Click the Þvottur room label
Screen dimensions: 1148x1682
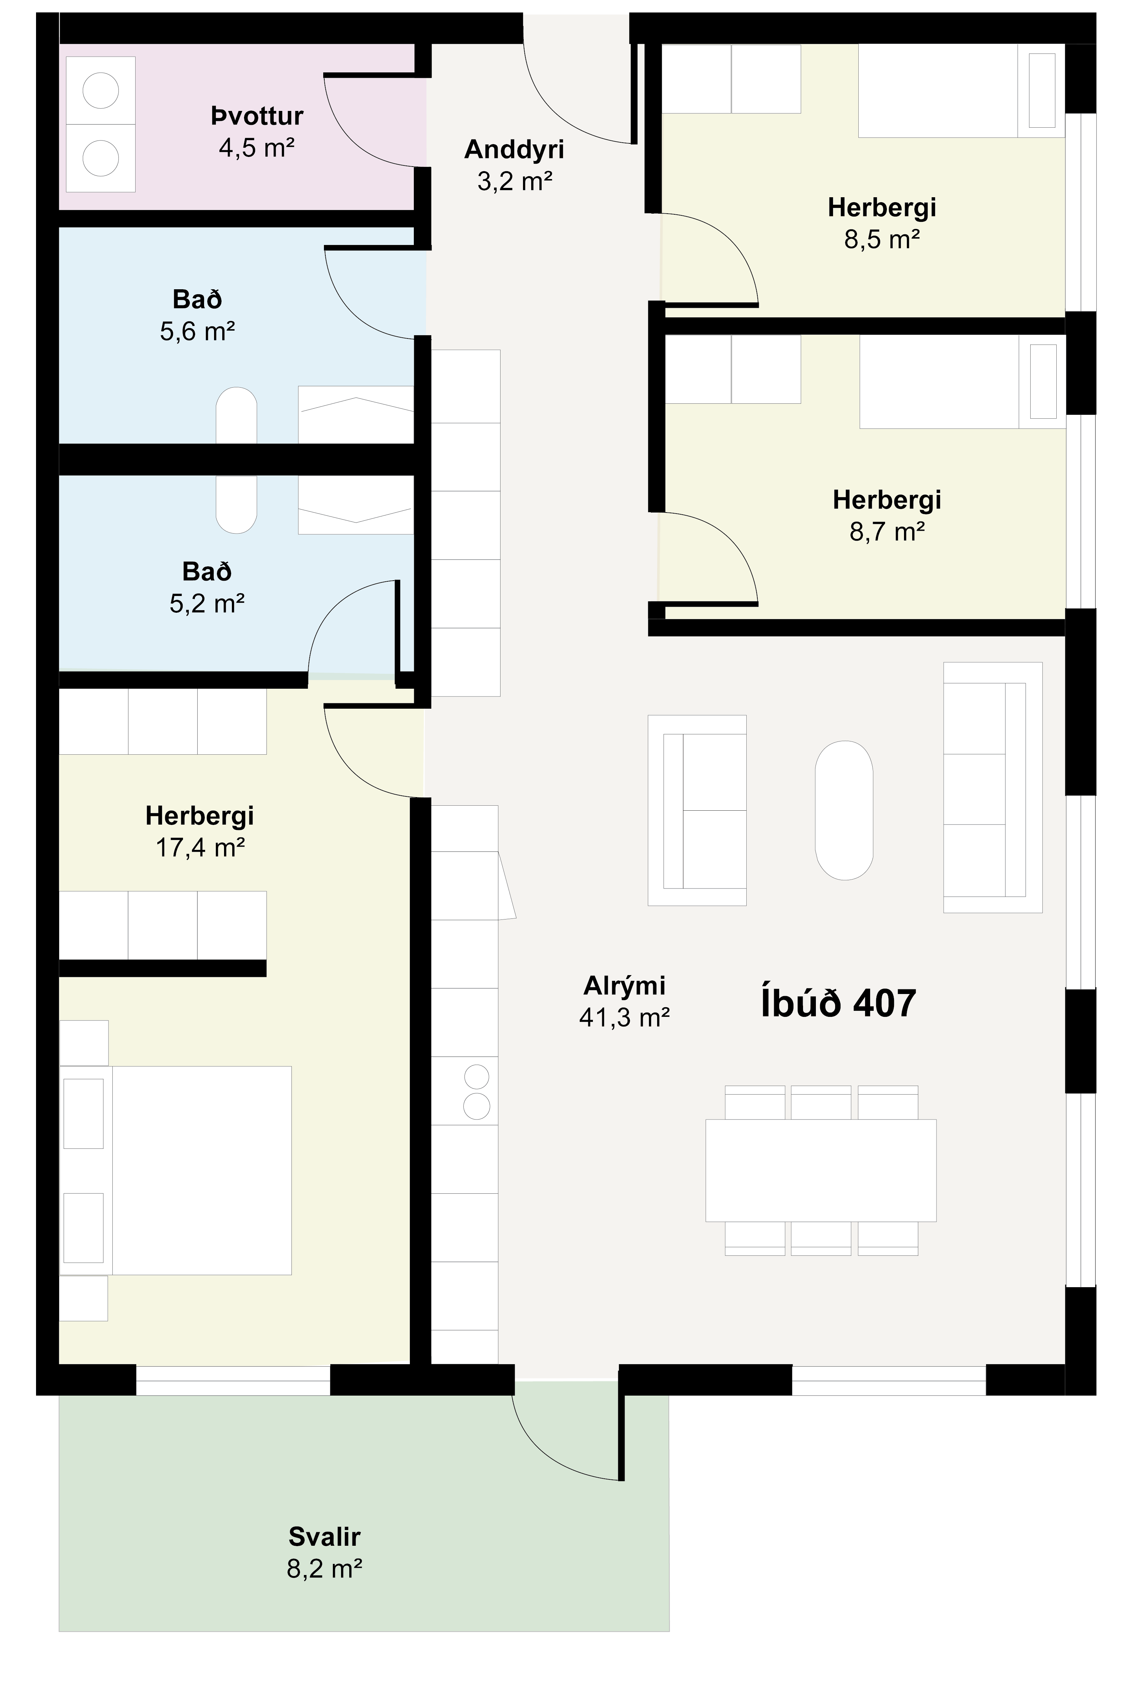[257, 116]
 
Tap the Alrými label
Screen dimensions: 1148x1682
[624, 986]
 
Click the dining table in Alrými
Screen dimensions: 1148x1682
[821, 1170]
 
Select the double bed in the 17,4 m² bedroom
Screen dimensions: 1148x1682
[176, 1170]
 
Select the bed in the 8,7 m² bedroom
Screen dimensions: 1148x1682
[963, 381]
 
